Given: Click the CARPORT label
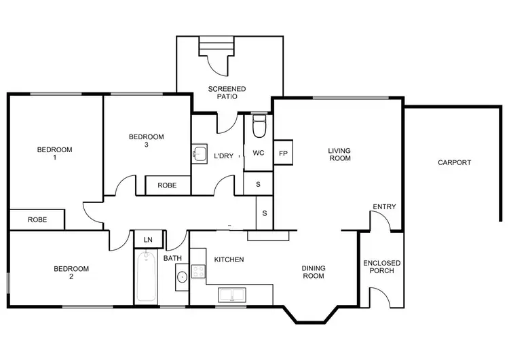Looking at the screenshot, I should pos(454,162).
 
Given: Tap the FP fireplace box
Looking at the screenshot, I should pos(283,154).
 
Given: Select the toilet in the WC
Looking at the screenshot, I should pos(259,126).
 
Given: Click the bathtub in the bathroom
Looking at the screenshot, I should pos(146,277).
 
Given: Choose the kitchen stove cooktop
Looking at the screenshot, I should pos(198,272).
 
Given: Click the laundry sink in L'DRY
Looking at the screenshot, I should pos(199,154).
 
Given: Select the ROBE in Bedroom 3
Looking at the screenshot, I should pos(167,185).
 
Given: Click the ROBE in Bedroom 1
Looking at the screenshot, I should pos(37,219).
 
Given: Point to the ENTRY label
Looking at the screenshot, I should pos(384,206).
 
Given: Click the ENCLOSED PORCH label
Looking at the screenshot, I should pos(382,266).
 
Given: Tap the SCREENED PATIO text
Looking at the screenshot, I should pos(227,93).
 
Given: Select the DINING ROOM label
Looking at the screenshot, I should pos(313,272).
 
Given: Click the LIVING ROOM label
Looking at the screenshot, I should pos(339,154).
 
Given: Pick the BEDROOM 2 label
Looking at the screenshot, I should pos(71,272).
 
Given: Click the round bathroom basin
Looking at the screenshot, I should pos(182,277).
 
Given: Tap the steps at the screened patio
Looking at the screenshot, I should pos(214,46).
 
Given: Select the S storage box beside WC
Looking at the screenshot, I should pos(258,183).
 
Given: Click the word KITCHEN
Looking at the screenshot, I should pos(229,259).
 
